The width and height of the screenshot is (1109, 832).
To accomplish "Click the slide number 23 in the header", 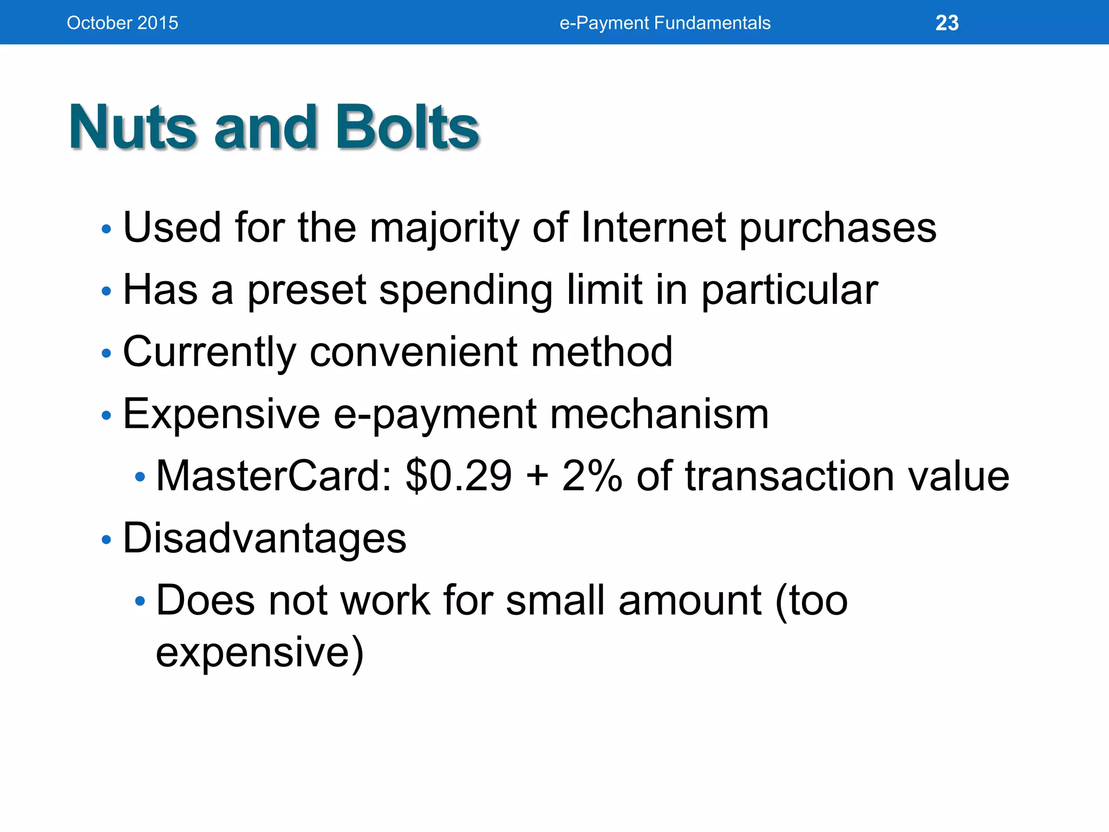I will pos(947,23).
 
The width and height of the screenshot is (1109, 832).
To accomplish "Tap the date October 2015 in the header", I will pos(122,23).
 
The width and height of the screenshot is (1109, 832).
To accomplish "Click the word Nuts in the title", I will pos(132,127).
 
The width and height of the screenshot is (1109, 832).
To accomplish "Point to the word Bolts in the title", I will pos(407,127).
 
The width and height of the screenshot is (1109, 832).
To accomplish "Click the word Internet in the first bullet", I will pos(653,227).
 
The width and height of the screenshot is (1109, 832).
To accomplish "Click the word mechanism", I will pos(659,414).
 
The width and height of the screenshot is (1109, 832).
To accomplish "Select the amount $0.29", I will pos(459,476).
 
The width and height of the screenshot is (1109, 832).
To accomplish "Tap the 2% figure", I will pos(592,476).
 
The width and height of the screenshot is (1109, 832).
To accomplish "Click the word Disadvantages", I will pos(264,538).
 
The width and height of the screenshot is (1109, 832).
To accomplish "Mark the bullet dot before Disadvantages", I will pos(106,539).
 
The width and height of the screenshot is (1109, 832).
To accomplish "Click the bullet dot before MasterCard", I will pos(140,477).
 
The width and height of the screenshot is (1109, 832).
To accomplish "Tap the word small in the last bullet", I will pos(555,601).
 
